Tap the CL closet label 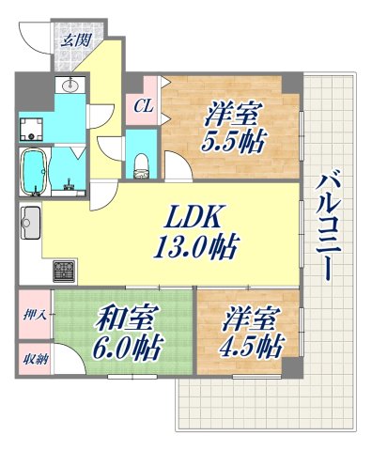(x=142, y=106)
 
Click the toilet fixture (x=142, y=163)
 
